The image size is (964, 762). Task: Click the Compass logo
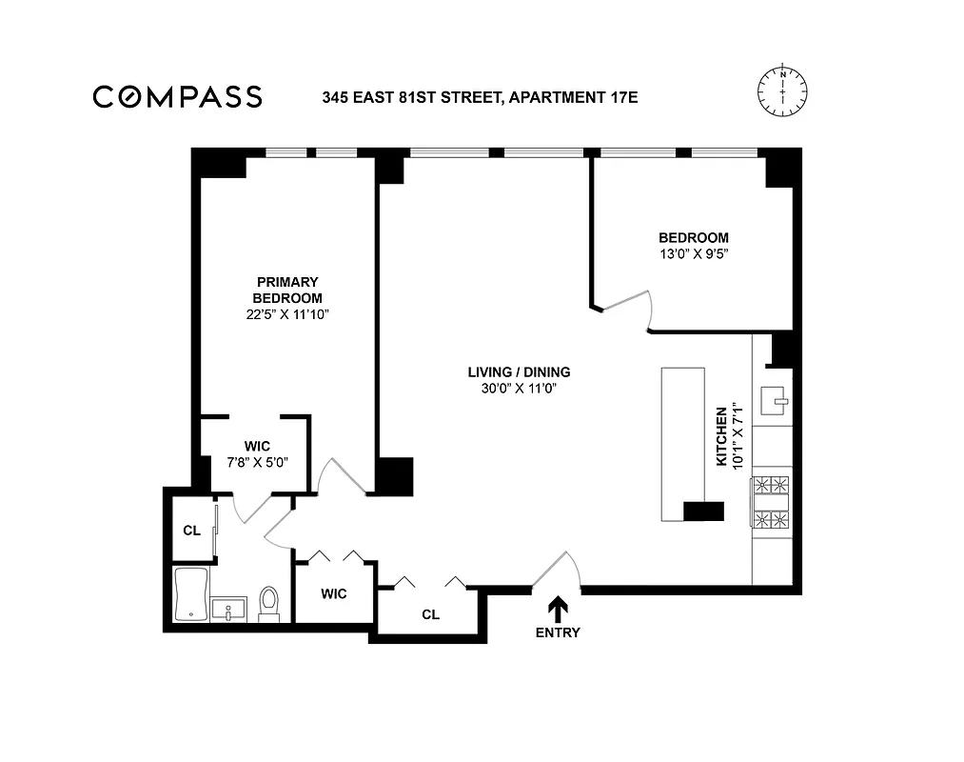click(177, 96)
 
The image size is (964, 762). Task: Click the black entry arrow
click(558, 607)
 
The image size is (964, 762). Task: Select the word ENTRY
click(558, 632)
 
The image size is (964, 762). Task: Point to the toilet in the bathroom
click(269, 603)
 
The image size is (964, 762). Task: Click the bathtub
click(190, 595)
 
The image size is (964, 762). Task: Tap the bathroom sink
click(228, 609)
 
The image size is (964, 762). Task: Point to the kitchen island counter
click(681, 443)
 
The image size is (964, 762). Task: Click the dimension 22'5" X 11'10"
click(287, 313)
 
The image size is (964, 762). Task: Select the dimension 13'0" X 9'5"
click(694, 253)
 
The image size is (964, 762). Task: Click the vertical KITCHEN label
click(722, 436)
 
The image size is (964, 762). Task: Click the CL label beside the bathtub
click(191, 531)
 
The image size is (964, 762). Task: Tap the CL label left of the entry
click(430, 614)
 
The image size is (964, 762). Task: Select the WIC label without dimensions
click(333, 593)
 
